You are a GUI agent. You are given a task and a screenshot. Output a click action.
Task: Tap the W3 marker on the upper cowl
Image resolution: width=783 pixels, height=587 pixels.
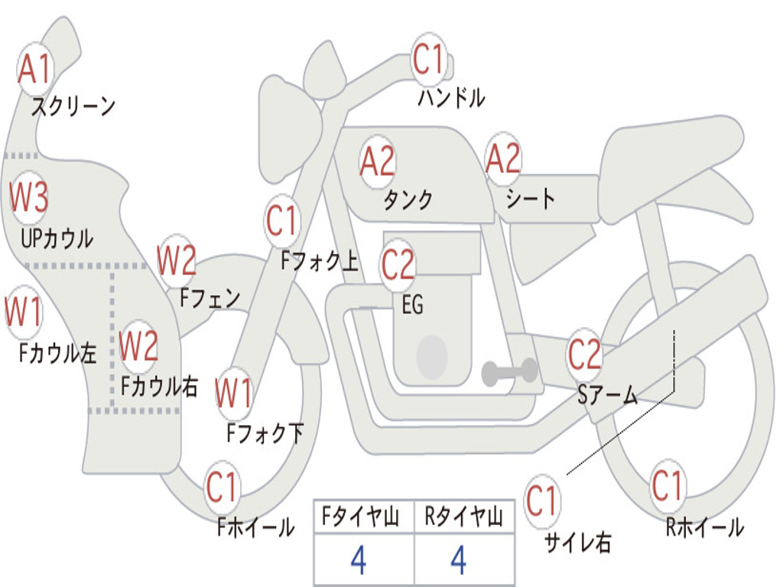pos(29,197)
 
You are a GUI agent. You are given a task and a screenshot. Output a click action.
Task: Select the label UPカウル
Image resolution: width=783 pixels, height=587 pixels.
pos(57,238)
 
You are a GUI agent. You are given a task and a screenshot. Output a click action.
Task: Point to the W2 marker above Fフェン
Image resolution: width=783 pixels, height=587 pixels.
pos(177,261)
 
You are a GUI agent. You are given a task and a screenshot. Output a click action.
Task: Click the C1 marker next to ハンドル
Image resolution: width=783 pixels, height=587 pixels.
pos(428,60)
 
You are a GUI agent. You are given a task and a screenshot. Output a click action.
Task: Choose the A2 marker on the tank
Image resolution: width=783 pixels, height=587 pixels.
pos(377,161)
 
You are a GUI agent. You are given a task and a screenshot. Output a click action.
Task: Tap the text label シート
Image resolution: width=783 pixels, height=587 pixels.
pos(531,199)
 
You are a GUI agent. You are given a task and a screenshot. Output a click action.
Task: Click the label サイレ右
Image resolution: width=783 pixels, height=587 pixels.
pos(578,543)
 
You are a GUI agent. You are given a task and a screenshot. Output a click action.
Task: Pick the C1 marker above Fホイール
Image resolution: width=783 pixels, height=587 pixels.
pos(223,487)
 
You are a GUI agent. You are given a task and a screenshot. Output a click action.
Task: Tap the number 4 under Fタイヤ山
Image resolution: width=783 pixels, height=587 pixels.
pos(358,560)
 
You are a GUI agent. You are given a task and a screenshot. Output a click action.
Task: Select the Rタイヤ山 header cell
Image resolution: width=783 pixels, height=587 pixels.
pos(463,518)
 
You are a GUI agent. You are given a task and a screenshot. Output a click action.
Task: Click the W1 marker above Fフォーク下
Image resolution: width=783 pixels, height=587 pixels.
pos(233,394)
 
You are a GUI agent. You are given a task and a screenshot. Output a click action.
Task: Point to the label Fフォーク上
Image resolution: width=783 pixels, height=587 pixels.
pos(320,262)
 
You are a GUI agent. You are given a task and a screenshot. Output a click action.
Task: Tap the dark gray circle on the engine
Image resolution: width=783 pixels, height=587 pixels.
pos(432,355)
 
